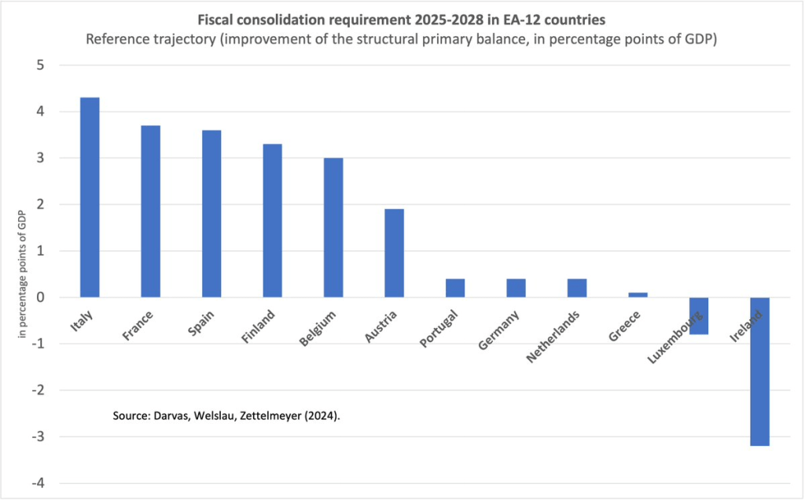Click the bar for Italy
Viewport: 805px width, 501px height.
click(90, 197)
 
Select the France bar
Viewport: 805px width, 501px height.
click(150, 212)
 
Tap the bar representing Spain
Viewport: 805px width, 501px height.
click(211, 214)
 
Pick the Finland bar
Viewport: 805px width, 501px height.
click(272, 221)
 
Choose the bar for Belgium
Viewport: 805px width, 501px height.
click(333, 228)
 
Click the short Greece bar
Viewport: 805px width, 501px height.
click(638, 295)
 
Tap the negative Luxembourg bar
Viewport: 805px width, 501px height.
click(699, 315)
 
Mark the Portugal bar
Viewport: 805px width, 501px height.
click(455, 288)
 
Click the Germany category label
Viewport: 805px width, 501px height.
click(498, 330)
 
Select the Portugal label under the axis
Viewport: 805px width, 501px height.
click(438, 330)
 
